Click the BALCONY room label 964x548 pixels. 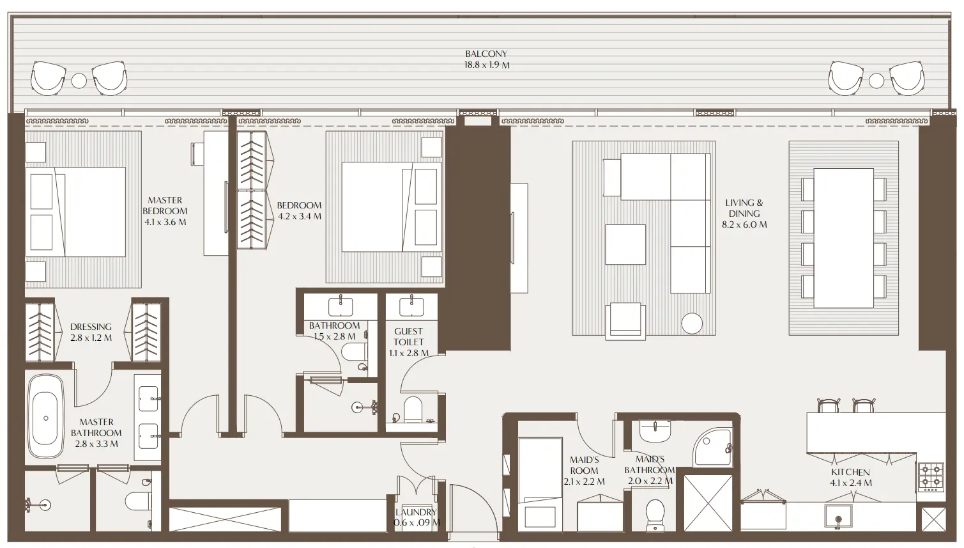[x=486, y=54]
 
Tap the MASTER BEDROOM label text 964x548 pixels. [x=165, y=205]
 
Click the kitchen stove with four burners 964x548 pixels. [x=931, y=476]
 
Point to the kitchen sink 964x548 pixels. [x=838, y=515]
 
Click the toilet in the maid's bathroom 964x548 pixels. [x=656, y=515]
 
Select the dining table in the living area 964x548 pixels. [x=843, y=238]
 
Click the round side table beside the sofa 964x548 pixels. [x=691, y=324]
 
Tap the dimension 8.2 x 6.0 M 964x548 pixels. [x=744, y=224]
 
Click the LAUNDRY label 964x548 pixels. [x=416, y=512]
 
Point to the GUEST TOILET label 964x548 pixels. [x=408, y=336]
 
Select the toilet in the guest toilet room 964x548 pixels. [x=413, y=411]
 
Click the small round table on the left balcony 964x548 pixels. [x=79, y=81]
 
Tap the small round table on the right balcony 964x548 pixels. [x=876, y=81]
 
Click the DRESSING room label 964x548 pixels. [x=91, y=327]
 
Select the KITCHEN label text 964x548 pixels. [x=850, y=472]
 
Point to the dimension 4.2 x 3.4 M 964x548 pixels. [x=299, y=216]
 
